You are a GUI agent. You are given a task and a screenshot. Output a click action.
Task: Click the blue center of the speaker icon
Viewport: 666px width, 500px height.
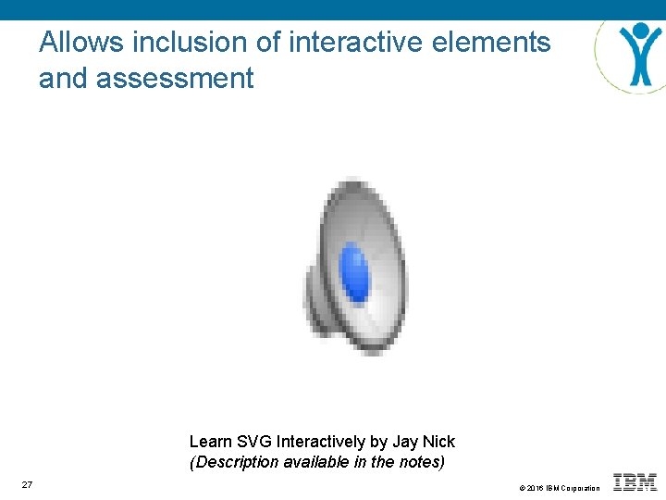pos(354,271)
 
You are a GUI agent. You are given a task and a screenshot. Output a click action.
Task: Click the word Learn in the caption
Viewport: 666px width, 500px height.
pos(211,442)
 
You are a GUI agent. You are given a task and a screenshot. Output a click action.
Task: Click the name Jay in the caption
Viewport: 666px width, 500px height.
pos(406,442)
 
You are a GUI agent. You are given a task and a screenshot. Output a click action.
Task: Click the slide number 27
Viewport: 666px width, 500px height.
pos(27,485)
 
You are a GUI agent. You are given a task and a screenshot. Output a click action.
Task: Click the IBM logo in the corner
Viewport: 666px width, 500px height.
pos(635,481)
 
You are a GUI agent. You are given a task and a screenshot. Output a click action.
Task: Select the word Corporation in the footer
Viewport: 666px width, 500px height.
pos(581,488)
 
